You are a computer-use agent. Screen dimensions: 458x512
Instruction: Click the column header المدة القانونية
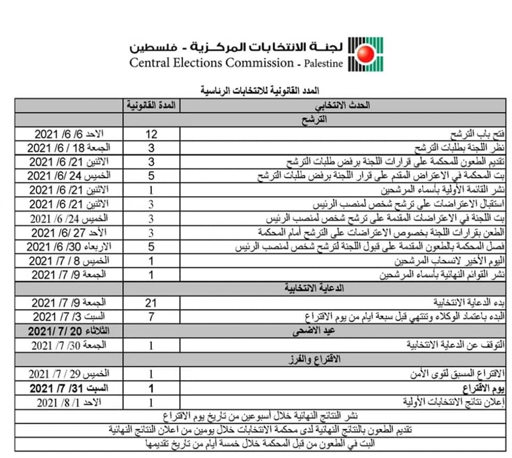(151, 106)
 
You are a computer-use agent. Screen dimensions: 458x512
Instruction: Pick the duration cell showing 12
(151, 134)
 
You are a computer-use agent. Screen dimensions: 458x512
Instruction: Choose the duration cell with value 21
(151, 303)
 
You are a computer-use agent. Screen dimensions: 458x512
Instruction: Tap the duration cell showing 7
(151, 317)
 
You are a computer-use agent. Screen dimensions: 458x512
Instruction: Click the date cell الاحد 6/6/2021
(69, 134)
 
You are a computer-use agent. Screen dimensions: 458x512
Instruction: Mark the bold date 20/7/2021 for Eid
(69, 331)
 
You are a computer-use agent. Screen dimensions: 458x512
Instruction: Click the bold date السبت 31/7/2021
(69, 388)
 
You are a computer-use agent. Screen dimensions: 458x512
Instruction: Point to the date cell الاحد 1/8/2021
(69, 401)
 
